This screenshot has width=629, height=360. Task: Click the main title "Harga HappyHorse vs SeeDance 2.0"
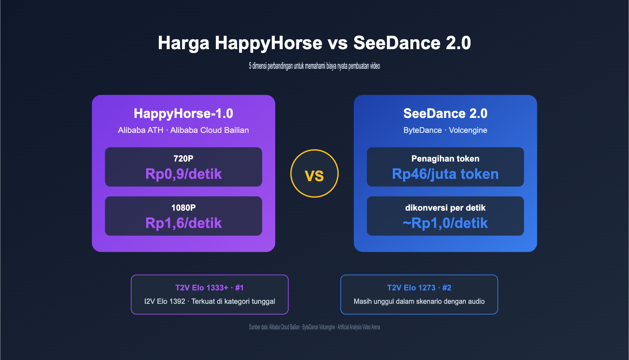point(314,43)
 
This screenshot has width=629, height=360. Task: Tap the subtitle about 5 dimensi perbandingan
point(314,66)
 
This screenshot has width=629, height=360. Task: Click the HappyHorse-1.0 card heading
point(183,114)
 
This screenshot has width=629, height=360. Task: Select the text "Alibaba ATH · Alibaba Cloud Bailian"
point(183,130)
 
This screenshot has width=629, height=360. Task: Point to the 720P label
point(183,158)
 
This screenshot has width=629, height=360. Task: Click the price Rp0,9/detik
point(183,174)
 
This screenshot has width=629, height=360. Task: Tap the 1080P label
point(183,208)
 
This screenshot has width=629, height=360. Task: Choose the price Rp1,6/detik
point(183,223)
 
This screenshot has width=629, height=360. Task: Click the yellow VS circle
point(314,174)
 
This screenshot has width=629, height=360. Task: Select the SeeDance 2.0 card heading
point(445,114)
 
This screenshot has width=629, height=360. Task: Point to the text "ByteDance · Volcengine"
point(445,130)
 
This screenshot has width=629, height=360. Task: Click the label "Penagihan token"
point(445,158)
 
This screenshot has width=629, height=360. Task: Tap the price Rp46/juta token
point(445,174)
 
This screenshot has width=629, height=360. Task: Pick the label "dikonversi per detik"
point(445,208)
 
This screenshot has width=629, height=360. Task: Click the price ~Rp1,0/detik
point(445,223)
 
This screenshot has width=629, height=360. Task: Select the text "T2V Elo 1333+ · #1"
point(210,288)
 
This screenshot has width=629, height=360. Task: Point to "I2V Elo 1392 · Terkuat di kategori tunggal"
point(210,301)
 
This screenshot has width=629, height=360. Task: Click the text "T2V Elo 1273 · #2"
point(419,288)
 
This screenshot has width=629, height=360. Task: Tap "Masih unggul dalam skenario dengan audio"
point(419,301)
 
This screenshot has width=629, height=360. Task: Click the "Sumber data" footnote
point(314,327)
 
